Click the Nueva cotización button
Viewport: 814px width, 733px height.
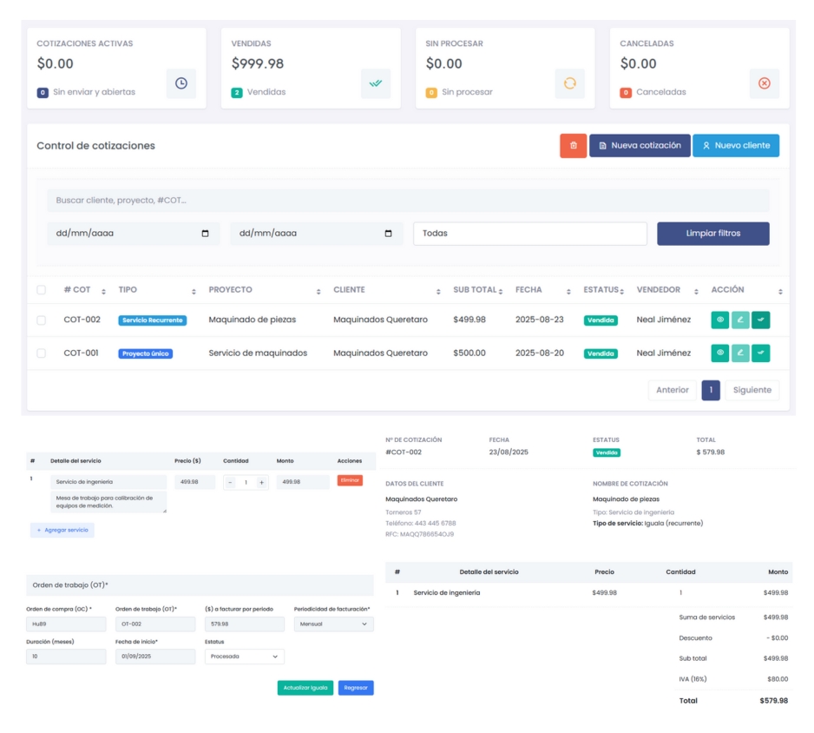tap(640, 146)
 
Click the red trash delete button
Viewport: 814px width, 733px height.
tap(573, 146)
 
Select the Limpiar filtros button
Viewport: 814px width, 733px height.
tap(712, 234)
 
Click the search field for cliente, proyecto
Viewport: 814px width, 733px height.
tap(408, 201)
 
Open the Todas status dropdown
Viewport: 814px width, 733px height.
tap(529, 234)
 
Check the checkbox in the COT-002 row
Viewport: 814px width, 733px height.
tap(41, 320)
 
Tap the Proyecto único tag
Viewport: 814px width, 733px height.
tap(145, 354)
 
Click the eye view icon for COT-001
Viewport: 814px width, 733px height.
tap(719, 353)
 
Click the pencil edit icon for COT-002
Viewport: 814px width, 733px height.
tap(740, 320)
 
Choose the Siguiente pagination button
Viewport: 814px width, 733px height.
tap(752, 390)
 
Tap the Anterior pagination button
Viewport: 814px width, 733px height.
tap(672, 390)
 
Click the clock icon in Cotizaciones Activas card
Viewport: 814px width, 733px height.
tap(181, 83)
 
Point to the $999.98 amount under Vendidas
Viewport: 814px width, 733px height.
tap(258, 63)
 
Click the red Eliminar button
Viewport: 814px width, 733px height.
tap(350, 480)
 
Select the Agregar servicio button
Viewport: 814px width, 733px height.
tap(62, 530)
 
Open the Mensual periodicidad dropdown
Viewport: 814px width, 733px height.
tap(333, 624)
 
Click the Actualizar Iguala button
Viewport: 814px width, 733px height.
tap(305, 688)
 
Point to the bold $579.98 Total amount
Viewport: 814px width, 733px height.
tap(773, 700)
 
